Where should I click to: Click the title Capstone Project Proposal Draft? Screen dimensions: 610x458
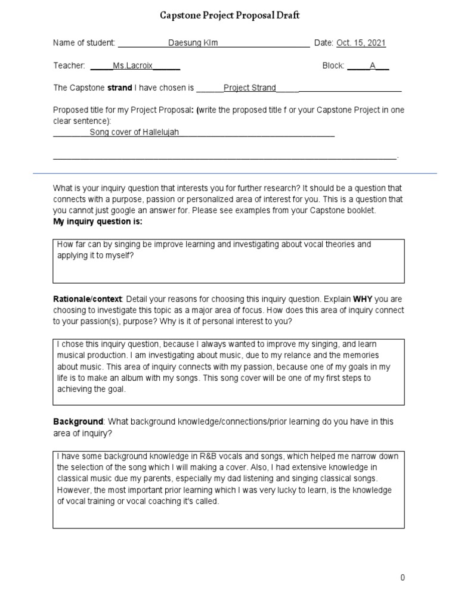pyautogui.click(x=230, y=16)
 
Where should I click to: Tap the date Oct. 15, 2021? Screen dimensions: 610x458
pyautogui.click(x=361, y=43)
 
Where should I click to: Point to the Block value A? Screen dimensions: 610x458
pyautogui.click(x=373, y=66)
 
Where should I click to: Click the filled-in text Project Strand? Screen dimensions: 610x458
pyautogui.click(x=249, y=88)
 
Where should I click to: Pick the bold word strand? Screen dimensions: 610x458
pyautogui.click(x=119, y=88)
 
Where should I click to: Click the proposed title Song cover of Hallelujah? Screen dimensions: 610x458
pyautogui.click(x=134, y=132)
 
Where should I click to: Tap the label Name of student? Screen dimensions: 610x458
pyautogui.click(x=84, y=43)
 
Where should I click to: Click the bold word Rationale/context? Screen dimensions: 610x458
pyautogui.click(x=87, y=299)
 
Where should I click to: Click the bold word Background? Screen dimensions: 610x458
pyautogui.click(x=78, y=422)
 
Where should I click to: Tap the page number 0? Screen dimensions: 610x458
pyautogui.click(x=403, y=578)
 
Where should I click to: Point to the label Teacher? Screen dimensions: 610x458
pyautogui.click(x=69, y=66)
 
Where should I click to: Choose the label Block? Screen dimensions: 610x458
pyautogui.click(x=333, y=66)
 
